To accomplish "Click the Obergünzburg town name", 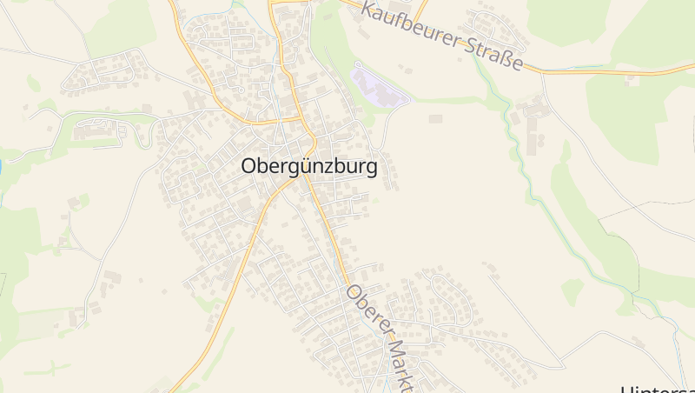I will tap(308, 167).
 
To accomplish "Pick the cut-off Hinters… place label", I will tap(658, 388).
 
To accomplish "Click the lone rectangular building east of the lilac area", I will tap(435, 118).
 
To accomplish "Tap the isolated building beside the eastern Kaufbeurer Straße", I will tap(632, 80).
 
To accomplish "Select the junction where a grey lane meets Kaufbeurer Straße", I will tap(543, 71).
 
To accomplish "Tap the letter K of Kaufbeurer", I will tap(368, 10).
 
